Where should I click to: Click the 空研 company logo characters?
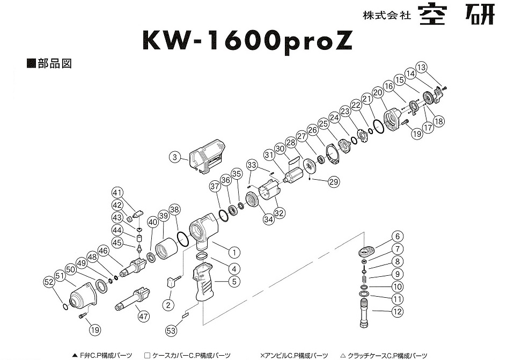[456, 15]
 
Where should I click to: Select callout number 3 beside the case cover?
[174, 158]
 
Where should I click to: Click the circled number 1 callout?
[233, 251]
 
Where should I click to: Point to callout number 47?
[143, 316]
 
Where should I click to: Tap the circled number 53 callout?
[171, 331]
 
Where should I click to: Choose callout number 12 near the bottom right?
[396, 311]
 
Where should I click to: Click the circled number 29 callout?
[334, 182]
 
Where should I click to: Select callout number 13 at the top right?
[421, 67]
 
